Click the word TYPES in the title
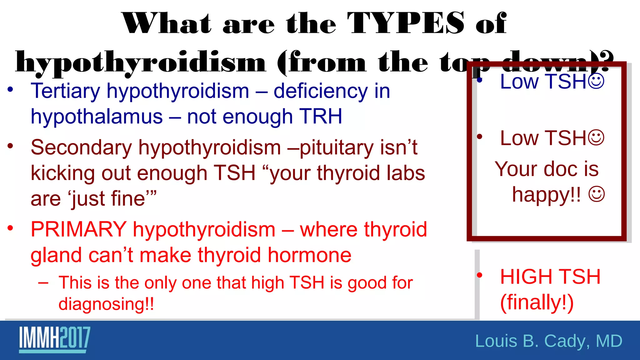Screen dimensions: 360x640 [x=406, y=23]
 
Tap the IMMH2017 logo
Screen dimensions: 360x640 [x=55, y=339]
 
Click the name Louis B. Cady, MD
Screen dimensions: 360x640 [x=548, y=341]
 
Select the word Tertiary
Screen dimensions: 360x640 [x=65, y=92]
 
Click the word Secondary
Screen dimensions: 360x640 [x=81, y=147]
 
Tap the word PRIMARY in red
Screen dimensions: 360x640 [x=78, y=229]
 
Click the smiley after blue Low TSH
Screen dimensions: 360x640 [x=596, y=81]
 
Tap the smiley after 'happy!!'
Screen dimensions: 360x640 [x=597, y=194]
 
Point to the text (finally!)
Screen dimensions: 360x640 [x=537, y=302]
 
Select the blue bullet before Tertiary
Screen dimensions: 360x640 [x=10, y=90]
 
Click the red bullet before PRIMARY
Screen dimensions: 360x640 [x=10, y=228]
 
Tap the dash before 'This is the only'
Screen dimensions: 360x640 [x=43, y=283]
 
